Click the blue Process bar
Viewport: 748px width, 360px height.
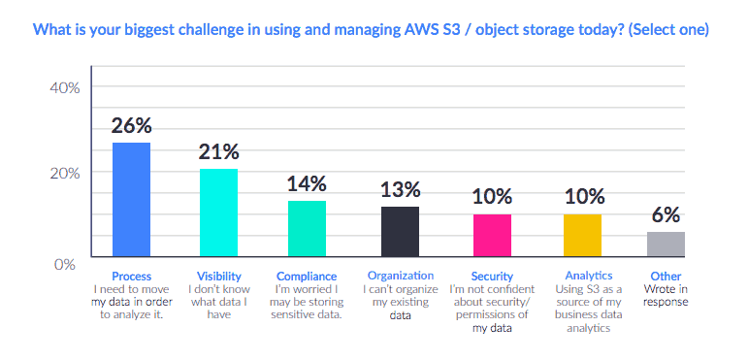[131, 200]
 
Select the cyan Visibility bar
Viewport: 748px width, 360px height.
[218, 213]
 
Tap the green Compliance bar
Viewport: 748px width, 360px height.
[307, 228]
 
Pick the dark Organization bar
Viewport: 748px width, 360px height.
[400, 231]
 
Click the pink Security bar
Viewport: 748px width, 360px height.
[492, 235]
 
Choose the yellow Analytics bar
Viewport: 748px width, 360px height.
[582, 235]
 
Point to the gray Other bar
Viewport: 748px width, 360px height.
[666, 244]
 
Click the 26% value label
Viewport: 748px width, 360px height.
[131, 126]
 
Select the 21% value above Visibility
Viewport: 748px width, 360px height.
[218, 151]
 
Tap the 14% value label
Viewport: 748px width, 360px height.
[307, 183]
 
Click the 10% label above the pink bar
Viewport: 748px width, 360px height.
[492, 197]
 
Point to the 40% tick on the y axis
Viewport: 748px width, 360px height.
[63, 87]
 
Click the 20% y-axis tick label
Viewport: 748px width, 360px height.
[63, 173]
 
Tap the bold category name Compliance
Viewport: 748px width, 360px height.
[308, 277]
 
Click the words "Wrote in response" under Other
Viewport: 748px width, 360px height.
[666, 295]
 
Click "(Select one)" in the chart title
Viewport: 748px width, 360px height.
[669, 30]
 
